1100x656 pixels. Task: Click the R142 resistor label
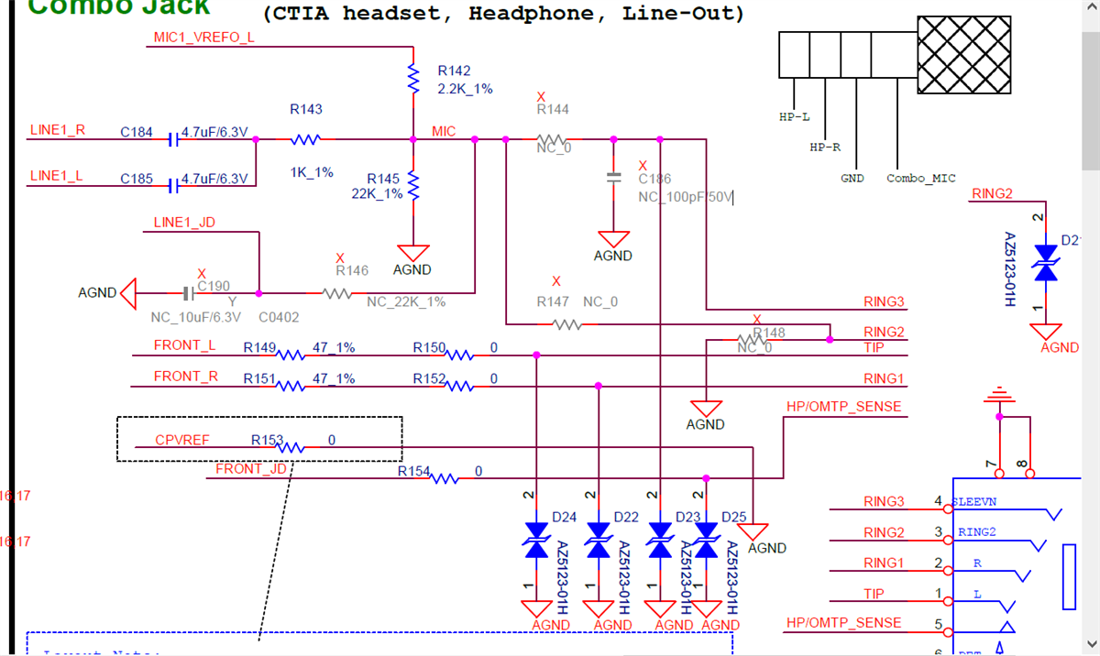(x=454, y=71)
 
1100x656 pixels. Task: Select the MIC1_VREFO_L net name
(x=203, y=37)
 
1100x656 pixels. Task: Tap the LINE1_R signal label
(x=57, y=130)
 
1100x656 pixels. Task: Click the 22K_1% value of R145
(x=377, y=193)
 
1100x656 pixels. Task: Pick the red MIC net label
(x=444, y=132)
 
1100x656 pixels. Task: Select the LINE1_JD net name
(x=184, y=223)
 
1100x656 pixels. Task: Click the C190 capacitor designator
(x=214, y=286)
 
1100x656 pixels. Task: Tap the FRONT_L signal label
(x=184, y=346)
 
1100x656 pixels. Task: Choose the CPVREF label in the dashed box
(x=181, y=441)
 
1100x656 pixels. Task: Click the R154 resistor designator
(x=413, y=471)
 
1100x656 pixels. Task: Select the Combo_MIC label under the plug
(x=920, y=179)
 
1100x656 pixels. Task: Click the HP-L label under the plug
(x=794, y=117)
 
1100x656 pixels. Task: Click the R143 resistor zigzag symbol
(x=305, y=140)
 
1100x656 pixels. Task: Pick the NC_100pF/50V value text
(x=686, y=197)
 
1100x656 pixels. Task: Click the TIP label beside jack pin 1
(x=874, y=594)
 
